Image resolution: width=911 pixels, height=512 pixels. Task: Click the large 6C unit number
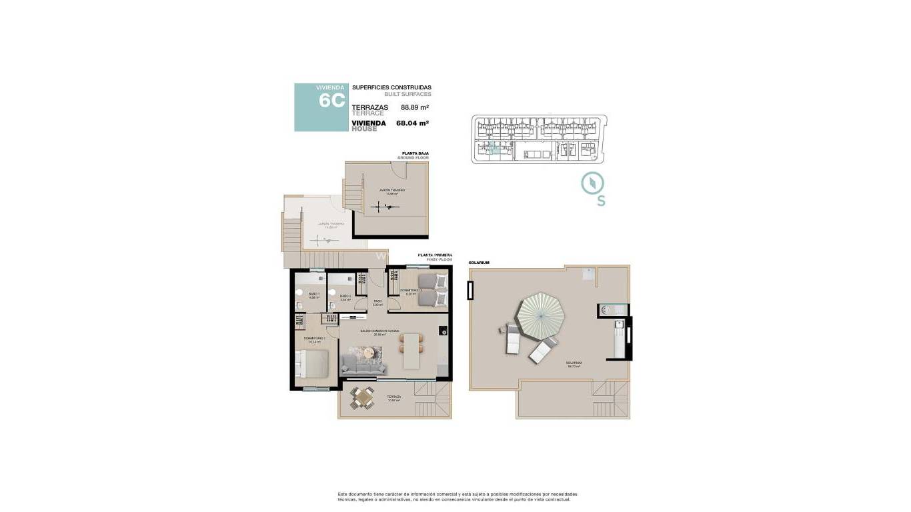[x=331, y=101]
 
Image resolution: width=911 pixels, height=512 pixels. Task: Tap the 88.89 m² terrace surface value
[x=414, y=107]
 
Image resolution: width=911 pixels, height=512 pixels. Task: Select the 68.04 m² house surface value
[x=411, y=123]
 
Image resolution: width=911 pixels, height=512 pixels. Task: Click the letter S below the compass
[x=601, y=201]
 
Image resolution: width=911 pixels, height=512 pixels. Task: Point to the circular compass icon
[x=592, y=183]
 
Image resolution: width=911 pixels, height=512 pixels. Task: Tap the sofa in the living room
[x=363, y=363]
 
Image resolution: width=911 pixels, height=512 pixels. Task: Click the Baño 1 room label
[x=313, y=295]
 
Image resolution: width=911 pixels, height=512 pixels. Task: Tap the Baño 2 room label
[x=345, y=297]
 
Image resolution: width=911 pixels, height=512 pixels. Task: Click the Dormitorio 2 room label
[x=411, y=291]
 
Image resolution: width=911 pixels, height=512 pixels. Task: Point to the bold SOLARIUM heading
[x=479, y=263]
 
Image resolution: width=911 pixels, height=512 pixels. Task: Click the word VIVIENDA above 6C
[x=330, y=87]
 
